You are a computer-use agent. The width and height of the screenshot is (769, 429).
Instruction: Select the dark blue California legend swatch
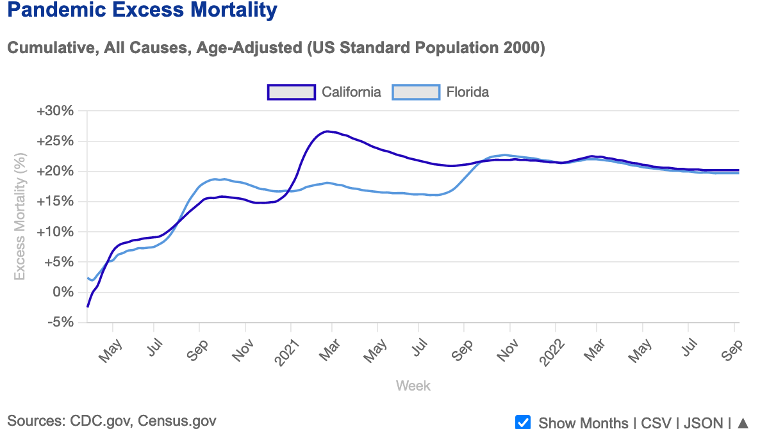[291, 92]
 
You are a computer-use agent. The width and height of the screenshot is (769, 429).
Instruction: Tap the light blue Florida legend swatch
[416, 92]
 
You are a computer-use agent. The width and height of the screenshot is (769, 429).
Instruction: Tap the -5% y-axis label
[59, 323]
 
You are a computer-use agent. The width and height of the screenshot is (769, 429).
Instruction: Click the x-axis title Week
[413, 386]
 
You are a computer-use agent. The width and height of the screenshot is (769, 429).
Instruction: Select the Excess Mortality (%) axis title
[20, 216]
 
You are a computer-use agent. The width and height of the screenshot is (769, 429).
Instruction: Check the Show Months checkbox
[523, 422]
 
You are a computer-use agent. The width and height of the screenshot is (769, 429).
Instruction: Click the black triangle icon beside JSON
[743, 423]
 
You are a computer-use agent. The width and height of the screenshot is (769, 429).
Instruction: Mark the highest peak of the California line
[327, 131]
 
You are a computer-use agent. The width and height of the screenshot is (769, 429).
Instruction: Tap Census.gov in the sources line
[176, 421]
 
